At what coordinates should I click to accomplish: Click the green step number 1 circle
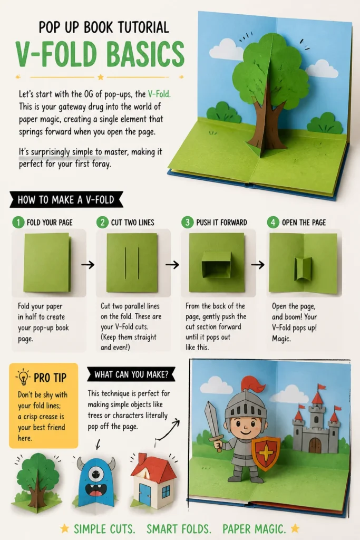tap(18, 222)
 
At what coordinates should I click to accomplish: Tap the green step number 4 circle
tap(273, 222)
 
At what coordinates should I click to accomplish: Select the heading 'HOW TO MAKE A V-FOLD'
tap(66, 200)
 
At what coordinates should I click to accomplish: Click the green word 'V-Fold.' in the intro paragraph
tap(159, 94)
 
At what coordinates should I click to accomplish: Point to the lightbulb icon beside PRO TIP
tap(23, 377)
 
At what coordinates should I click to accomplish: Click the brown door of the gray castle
tap(315, 445)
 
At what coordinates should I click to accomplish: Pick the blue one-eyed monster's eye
tap(96, 475)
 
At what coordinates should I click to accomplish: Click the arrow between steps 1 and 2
tap(88, 265)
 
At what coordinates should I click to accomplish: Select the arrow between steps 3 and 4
tap(258, 265)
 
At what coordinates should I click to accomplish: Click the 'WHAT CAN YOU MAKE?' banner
tap(131, 374)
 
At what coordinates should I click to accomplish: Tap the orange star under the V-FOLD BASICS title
tap(101, 77)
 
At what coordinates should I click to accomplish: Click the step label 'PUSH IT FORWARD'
tap(222, 223)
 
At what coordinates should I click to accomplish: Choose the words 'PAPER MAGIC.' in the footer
tap(254, 528)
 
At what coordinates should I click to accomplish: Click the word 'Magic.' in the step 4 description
tap(281, 339)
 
